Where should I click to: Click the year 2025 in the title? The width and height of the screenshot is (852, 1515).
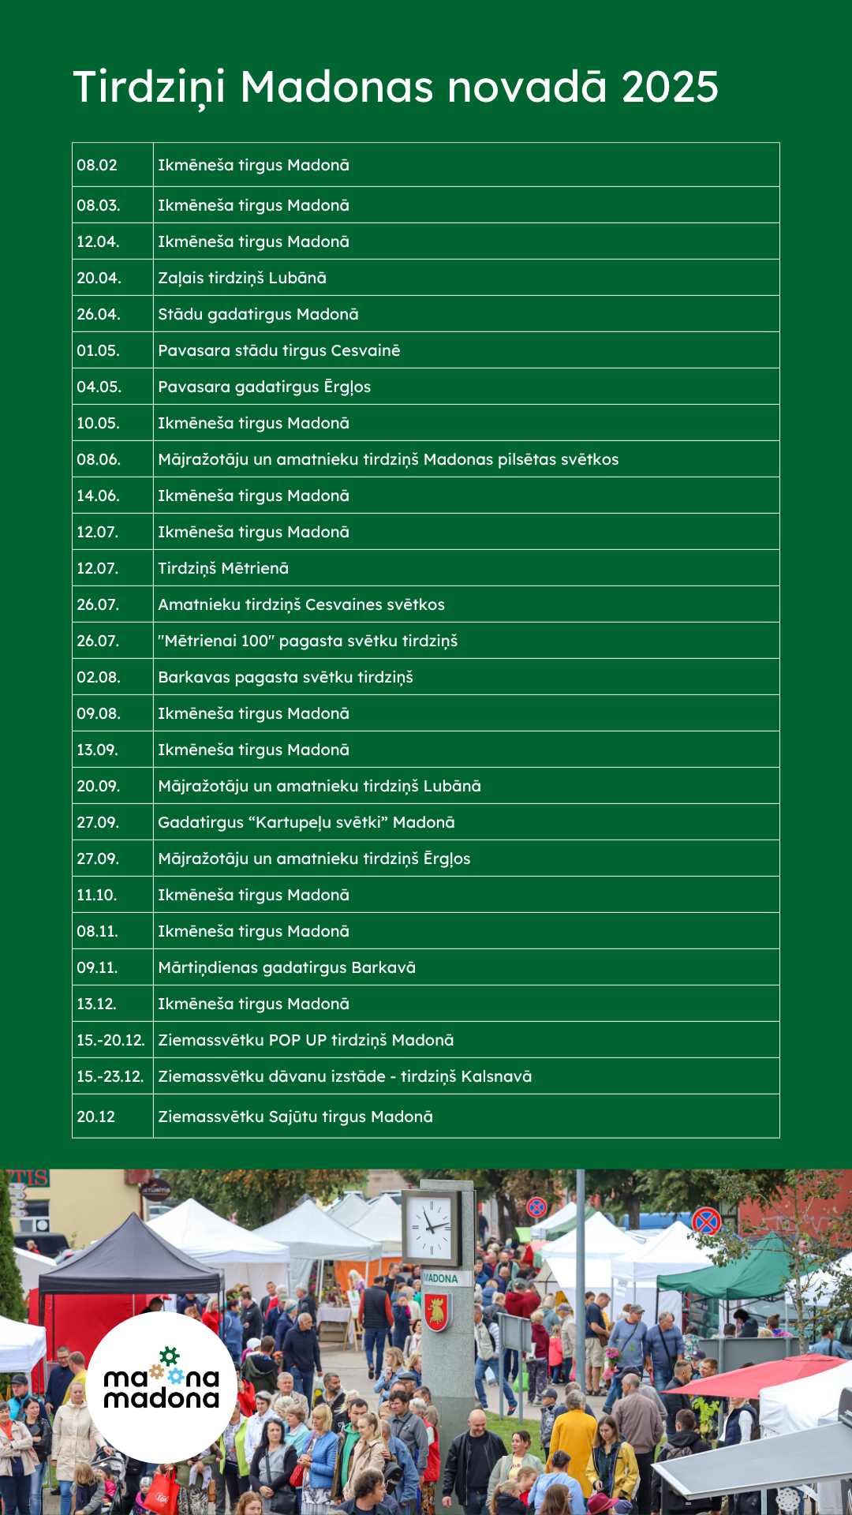670,87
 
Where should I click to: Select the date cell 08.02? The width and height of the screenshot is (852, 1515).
97,165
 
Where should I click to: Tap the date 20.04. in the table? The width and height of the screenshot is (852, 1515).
99,278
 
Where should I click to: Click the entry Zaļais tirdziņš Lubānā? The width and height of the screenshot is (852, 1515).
242,278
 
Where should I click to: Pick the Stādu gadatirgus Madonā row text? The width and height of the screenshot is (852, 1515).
258,314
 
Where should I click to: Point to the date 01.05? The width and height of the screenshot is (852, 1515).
99,350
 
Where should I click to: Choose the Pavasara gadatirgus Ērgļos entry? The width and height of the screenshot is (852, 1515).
264,387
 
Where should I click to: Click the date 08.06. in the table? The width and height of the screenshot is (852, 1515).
99,459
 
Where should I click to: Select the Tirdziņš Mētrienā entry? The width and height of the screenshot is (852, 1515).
223,568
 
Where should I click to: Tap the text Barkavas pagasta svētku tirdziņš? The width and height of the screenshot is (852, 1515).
286,677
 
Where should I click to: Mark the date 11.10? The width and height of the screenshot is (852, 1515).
97,895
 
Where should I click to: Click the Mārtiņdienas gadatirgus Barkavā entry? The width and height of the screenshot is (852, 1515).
286,967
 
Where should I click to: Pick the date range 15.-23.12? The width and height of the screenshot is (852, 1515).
110,1076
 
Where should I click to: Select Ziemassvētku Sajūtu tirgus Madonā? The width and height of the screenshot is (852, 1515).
295,1117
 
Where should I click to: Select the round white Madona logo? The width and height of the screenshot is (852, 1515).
162,1387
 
